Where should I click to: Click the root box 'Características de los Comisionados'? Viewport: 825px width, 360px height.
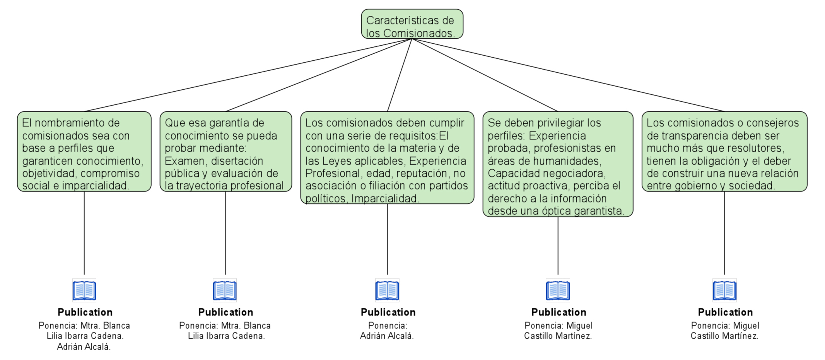[412, 24]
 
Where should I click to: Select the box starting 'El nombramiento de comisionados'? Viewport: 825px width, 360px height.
[84, 152]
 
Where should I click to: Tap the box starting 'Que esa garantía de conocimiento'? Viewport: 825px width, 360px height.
[226, 152]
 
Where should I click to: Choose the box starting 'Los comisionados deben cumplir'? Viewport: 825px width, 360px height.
[387, 158]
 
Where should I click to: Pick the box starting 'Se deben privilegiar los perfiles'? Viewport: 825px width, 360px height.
[558, 164]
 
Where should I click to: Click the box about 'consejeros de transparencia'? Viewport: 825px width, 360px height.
[724, 152]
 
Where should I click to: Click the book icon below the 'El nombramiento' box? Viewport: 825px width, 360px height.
[84, 290]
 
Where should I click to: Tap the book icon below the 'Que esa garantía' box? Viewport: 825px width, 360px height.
[225, 290]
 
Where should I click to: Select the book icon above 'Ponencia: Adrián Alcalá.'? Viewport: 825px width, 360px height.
[387, 290]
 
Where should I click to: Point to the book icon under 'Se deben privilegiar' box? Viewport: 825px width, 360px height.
[558, 290]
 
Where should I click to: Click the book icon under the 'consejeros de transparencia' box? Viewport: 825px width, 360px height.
[724, 290]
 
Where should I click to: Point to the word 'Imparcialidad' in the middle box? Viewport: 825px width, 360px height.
[384, 198]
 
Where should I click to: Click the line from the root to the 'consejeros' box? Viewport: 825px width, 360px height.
[568, 75]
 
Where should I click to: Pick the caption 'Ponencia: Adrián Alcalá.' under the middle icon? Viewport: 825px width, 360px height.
[387, 331]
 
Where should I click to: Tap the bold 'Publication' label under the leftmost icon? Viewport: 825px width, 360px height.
[85, 312]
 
